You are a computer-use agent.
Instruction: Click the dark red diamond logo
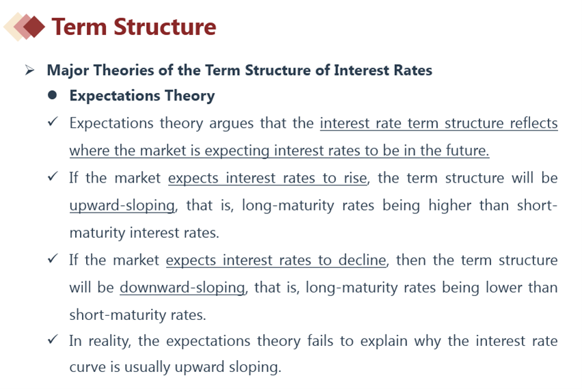(33, 27)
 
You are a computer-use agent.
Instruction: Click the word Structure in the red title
(165, 27)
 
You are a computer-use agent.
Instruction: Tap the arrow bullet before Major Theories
(29, 70)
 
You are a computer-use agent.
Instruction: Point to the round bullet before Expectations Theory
(53, 95)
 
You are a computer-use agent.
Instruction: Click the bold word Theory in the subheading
(190, 96)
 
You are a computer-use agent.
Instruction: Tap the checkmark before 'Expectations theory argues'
(53, 121)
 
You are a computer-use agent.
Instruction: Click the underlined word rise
(355, 178)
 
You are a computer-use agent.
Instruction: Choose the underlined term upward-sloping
(122, 206)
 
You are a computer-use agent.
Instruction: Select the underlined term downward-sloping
(182, 288)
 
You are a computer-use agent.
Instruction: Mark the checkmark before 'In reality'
(53, 339)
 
